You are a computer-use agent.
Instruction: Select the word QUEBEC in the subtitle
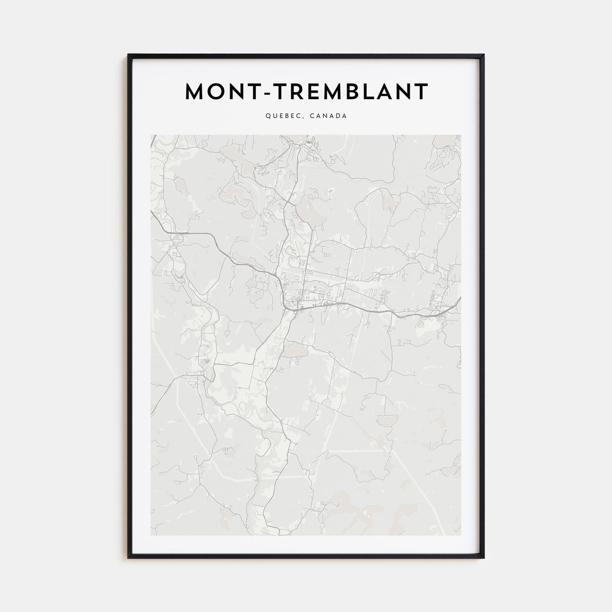coord(279,116)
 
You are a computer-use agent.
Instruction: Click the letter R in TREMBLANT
coord(289,91)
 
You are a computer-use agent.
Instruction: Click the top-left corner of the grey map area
coord(151,135)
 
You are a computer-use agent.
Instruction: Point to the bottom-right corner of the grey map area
coord(461,535)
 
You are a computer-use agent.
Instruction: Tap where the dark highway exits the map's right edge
coord(460,299)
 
